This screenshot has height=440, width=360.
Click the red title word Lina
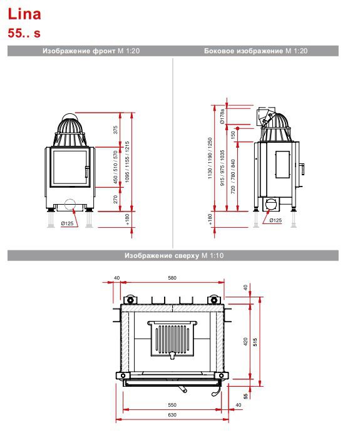(x=24, y=14)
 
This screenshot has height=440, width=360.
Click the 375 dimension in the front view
(x=116, y=130)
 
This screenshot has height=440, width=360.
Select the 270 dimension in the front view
(x=116, y=199)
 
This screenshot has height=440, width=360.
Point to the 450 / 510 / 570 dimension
(x=116, y=167)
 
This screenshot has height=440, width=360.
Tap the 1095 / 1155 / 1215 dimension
(x=127, y=162)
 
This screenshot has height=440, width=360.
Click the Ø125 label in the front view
(x=68, y=223)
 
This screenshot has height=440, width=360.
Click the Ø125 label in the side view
(x=275, y=220)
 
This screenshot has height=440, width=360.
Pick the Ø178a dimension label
(x=222, y=116)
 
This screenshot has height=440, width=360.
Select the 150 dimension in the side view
(x=233, y=135)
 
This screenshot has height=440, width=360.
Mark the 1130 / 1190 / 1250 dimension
(x=210, y=158)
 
